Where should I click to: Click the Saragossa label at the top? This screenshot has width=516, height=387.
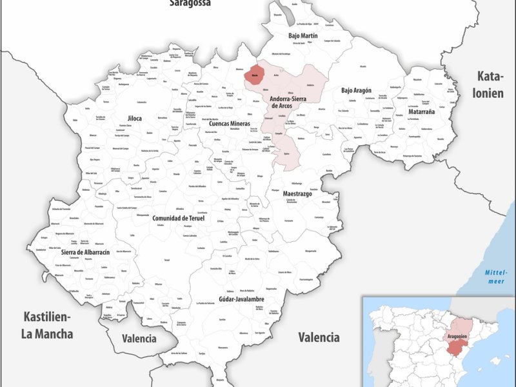click(x=190, y=3)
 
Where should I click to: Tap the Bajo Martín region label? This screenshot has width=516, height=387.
click(x=303, y=35)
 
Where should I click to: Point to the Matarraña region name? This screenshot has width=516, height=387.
click(x=421, y=112)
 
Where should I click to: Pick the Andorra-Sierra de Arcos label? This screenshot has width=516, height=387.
click(x=288, y=102)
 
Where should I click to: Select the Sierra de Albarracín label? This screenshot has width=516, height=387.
click(x=77, y=252)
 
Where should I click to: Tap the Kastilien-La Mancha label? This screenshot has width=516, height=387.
click(x=48, y=325)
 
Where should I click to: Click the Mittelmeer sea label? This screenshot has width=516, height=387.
click(x=497, y=277)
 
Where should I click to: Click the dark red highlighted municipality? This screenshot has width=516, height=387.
click(x=256, y=74)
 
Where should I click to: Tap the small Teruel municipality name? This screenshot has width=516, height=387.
click(x=166, y=260)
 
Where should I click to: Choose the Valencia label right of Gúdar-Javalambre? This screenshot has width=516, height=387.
click(x=319, y=337)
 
